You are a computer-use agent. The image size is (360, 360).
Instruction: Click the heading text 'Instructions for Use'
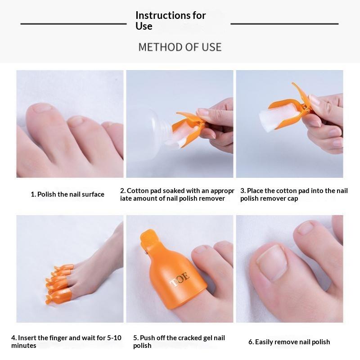[x=171, y=21]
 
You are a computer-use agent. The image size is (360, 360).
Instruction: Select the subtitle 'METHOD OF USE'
[x=180, y=47]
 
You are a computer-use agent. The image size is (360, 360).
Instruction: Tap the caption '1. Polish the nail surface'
[x=67, y=194]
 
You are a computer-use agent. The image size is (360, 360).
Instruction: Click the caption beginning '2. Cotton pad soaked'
[x=177, y=194]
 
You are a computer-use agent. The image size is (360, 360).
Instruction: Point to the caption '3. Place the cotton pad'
[x=294, y=194]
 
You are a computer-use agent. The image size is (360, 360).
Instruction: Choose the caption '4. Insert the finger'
[x=66, y=342]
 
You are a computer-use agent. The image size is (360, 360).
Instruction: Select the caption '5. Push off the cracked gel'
[x=179, y=342]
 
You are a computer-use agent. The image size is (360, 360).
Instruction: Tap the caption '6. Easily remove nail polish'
[x=289, y=342]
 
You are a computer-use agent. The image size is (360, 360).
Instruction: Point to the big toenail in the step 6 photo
[x=273, y=262]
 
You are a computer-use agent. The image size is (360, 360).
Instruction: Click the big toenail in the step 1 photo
[x=42, y=108]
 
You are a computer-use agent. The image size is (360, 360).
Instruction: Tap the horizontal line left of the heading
[x=73, y=24]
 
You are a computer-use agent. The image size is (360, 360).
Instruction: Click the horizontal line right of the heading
[x=284, y=24]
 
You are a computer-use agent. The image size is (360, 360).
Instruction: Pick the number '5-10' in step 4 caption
[x=114, y=338]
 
